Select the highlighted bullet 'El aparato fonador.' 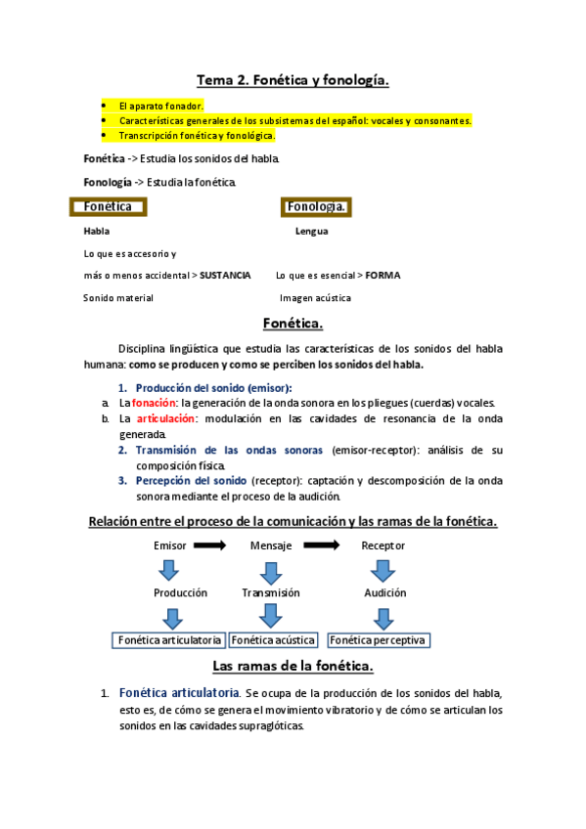coord(161,105)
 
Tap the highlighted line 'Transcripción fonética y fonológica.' coord(197,135)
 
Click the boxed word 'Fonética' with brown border coord(109,207)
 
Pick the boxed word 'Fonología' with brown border coord(316,207)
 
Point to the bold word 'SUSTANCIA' coord(225,276)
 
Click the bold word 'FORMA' coord(383,276)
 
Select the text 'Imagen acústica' coord(315,298)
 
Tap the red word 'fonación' coord(155,403)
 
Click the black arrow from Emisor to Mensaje coord(209,545)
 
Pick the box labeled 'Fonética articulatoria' coord(169,640)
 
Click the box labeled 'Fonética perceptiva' coord(379,640)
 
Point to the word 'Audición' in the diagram coord(384,592)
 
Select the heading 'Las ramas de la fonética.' coord(293,667)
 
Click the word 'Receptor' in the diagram coord(383,545)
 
